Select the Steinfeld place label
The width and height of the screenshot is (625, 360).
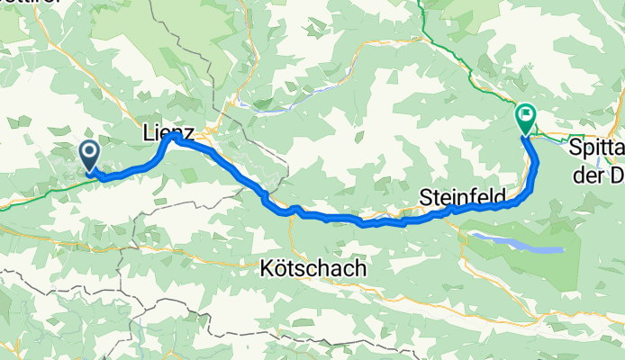tap(465, 195)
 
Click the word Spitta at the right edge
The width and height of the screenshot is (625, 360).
tap(597, 150)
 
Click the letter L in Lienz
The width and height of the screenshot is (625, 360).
tap(148, 132)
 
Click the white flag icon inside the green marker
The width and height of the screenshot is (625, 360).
tap(525, 115)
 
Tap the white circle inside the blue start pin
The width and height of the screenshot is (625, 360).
tap(90, 151)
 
